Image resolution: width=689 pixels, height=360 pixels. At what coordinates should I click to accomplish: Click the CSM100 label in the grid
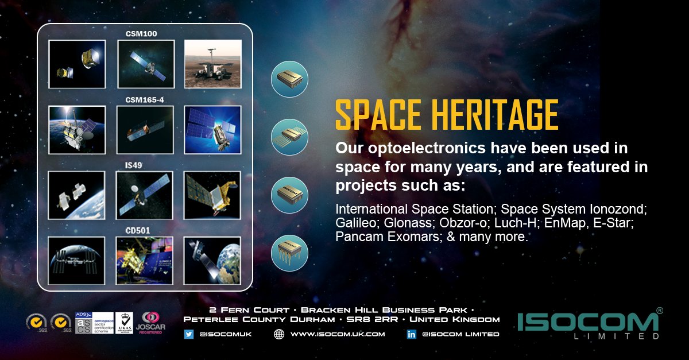[x=141, y=34]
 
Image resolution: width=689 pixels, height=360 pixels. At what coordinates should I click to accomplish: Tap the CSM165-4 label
[x=141, y=100]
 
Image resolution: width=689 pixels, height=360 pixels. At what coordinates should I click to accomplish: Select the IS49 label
[x=133, y=165]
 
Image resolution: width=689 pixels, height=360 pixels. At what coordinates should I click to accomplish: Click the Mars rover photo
[x=212, y=64]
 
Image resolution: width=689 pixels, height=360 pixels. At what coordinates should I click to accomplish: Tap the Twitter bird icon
[x=189, y=334]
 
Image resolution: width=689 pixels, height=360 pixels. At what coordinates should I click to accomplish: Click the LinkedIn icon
[x=411, y=334]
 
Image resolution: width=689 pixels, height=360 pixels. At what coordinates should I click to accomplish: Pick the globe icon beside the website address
[x=279, y=334]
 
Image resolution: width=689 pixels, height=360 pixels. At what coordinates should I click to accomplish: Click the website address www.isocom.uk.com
[x=338, y=334]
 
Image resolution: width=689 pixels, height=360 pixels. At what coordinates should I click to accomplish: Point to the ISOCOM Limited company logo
[x=589, y=325]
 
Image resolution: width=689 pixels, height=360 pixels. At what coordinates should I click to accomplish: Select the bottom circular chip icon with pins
[x=290, y=253]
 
